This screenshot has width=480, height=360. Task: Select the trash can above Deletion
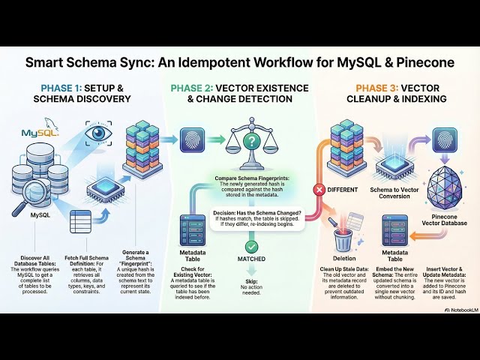343,239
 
